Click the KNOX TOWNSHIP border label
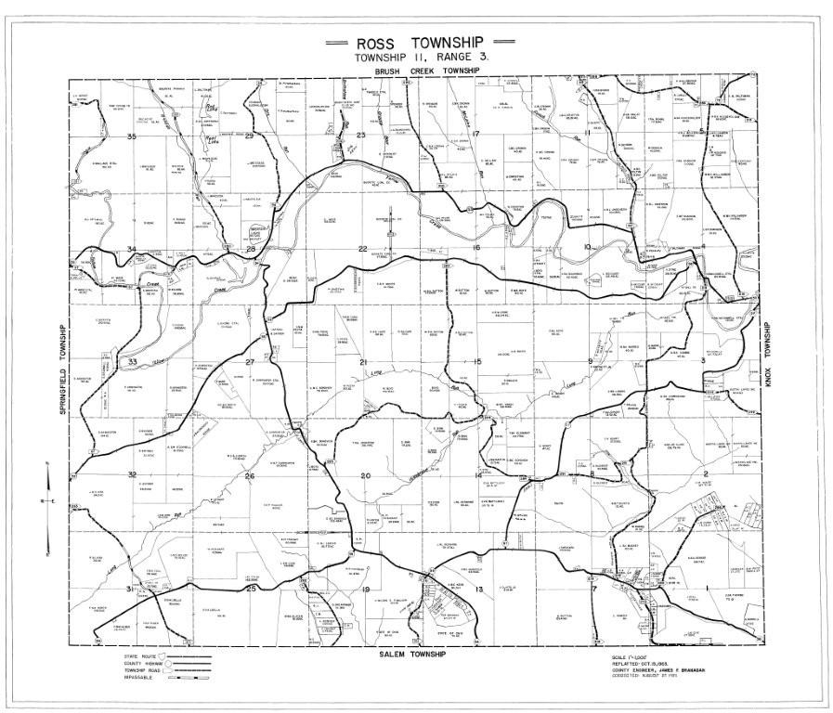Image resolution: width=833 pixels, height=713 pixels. tap(769, 365)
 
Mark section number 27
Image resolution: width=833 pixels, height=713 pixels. tap(250, 361)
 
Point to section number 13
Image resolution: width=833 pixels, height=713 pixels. tap(480, 590)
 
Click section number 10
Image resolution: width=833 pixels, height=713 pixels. tap(588, 246)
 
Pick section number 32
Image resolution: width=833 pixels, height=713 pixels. tap(133, 474)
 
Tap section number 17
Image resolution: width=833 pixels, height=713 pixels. tap(475, 134)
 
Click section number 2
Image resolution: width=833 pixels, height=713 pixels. tap(706, 475)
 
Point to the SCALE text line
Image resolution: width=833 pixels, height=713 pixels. tap(637, 657)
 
